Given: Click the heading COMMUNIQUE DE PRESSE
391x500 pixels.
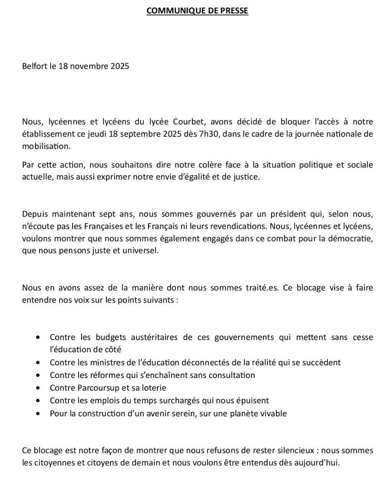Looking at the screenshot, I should [197, 11].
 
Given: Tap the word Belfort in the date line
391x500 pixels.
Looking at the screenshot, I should [35, 66].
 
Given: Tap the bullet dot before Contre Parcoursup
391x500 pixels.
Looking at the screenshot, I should [38, 388].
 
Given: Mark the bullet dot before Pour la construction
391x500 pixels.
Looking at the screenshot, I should [38, 413].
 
